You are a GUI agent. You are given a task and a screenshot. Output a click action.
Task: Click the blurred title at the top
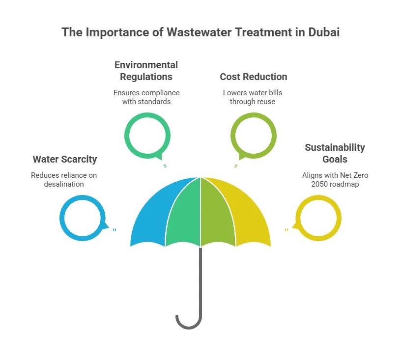[x=200, y=33]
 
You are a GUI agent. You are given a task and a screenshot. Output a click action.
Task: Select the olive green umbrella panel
[x=217, y=214]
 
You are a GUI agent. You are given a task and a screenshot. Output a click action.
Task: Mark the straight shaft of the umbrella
[x=200, y=280]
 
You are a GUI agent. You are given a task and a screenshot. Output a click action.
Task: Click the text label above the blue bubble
[x=64, y=172]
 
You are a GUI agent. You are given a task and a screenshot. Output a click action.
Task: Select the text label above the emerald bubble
[x=147, y=83]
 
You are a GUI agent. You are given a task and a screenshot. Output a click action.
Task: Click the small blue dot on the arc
[x=115, y=229]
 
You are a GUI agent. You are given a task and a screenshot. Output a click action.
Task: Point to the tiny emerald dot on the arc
[x=165, y=166]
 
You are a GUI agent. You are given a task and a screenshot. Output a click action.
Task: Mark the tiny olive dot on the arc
[x=236, y=166]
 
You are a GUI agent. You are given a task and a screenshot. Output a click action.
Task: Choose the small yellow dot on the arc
[x=286, y=229]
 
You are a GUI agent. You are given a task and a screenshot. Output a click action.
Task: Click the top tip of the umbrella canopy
[x=200, y=177]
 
